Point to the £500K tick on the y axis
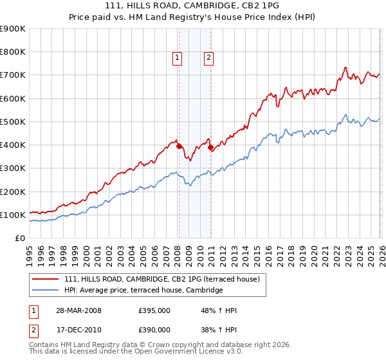[x=13, y=122]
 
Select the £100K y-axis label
[x=13, y=215]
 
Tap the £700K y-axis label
[x=13, y=75]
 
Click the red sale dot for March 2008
[x=179, y=147]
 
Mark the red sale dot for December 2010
[x=210, y=148]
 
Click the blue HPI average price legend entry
[x=143, y=291]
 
